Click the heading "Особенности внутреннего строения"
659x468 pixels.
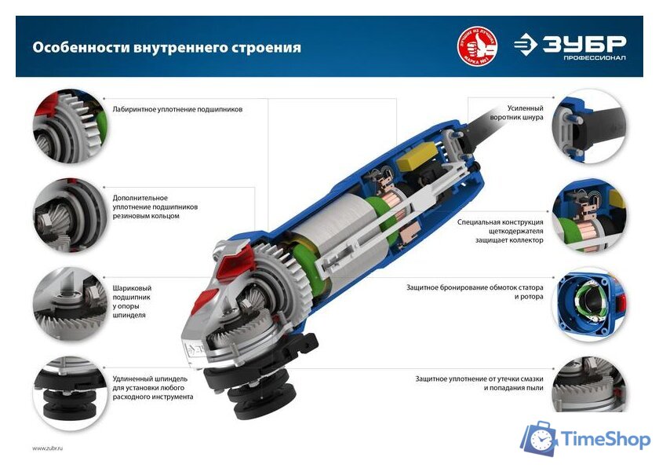pyautogui.click(x=166, y=47)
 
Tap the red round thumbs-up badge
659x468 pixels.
pyautogui.click(x=477, y=47)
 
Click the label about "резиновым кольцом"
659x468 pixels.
pyautogui.click(x=155, y=207)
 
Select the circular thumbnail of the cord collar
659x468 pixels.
pyautogui.click(x=588, y=125)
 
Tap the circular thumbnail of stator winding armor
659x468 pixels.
pyautogui.click(x=588, y=302)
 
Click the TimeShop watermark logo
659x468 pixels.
pyautogui.click(x=584, y=440)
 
